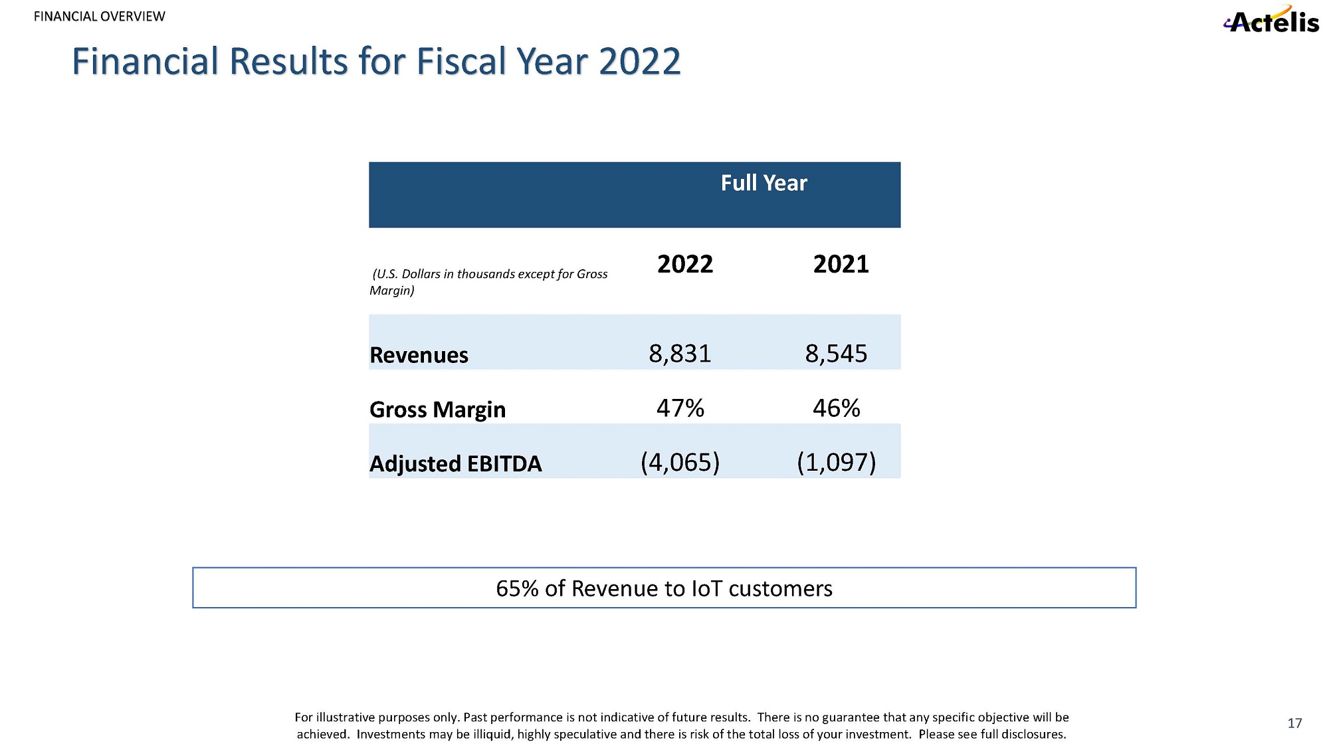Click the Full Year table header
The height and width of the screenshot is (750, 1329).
764,183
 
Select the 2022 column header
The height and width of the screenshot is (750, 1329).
684,264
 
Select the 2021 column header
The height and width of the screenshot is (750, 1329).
841,264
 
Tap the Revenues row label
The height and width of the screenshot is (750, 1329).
419,355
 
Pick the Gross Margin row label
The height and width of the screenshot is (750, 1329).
437,410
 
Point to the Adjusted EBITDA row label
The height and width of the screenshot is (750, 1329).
455,463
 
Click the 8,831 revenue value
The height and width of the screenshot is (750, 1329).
680,354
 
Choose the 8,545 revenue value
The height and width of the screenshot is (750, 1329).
836,354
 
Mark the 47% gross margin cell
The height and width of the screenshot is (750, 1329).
680,408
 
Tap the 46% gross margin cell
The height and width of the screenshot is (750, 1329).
836,408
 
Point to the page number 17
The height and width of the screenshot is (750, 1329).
1294,723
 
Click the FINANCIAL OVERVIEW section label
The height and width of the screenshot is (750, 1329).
99,17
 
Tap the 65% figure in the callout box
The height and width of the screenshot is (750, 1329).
517,588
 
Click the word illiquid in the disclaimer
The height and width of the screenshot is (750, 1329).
492,734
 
